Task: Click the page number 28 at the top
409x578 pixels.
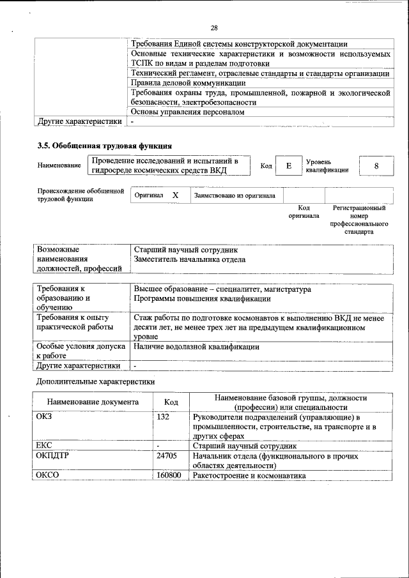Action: (x=213, y=27)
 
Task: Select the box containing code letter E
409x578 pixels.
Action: (x=289, y=165)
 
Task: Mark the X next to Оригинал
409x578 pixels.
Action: (x=175, y=195)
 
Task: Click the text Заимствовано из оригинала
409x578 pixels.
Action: (x=235, y=195)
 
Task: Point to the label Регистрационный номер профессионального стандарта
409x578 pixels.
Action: (x=359, y=220)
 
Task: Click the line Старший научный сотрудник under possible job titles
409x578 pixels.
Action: (x=185, y=250)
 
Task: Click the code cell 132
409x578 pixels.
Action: (x=163, y=417)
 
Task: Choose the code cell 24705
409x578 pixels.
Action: (x=166, y=456)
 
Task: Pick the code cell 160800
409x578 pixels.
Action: (x=168, y=475)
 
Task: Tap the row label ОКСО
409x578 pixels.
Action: (x=48, y=475)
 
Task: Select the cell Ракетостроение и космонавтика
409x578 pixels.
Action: (x=249, y=475)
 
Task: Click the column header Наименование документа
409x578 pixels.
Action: (x=93, y=402)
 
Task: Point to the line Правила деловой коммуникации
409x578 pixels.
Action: (x=188, y=83)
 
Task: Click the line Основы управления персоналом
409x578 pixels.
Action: (x=187, y=112)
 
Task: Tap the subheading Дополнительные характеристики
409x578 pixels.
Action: (x=95, y=381)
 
